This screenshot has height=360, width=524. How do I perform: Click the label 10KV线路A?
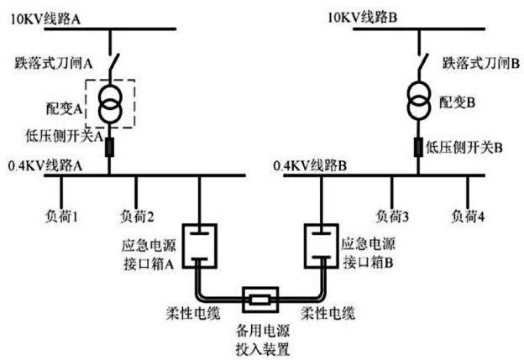(x=45, y=18)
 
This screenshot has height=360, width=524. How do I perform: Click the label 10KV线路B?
(x=362, y=17)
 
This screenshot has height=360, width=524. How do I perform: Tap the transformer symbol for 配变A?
(x=110, y=104)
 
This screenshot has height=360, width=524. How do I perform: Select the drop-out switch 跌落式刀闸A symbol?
(x=113, y=62)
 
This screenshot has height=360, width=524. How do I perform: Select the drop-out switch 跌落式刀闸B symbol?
(x=422, y=62)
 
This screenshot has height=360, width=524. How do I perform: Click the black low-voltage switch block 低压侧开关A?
(x=110, y=148)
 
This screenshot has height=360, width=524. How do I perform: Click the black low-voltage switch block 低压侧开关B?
(x=418, y=147)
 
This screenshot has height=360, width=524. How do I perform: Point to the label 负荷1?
(x=61, y=217)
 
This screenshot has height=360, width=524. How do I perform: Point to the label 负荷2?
(x=137, y=217)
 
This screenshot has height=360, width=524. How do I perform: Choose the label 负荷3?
(x=392, y=217)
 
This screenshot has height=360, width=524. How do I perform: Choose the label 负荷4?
(x=468, y=217)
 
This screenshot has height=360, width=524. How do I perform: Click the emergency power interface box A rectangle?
(x=183, y=246)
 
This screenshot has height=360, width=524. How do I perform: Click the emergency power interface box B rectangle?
(x=305, y=246)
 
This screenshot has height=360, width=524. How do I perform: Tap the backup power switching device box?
(x=244, y=300)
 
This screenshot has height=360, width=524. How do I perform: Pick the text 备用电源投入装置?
(x=263, y=340)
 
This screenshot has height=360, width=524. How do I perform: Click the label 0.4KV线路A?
(x=45, y=165)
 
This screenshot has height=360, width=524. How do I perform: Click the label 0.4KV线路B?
(x=310, y=165)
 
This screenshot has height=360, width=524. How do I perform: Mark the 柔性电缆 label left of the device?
(x=193, y=313)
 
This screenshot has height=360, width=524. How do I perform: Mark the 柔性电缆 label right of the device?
(x=327, y=313)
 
